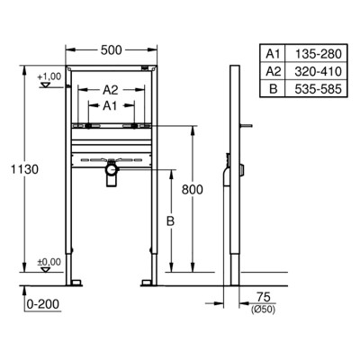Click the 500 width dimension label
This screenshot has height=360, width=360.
112,50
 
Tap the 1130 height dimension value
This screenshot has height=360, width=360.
24,169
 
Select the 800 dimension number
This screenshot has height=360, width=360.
193,190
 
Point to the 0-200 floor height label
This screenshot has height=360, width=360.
43,304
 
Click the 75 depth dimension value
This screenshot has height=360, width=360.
264,297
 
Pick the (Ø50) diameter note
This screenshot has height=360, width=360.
263,310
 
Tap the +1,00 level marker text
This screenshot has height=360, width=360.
49,76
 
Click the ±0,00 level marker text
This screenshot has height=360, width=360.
49,262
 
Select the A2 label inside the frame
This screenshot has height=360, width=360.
111,90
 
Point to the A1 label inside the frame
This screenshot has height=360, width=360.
110,106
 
